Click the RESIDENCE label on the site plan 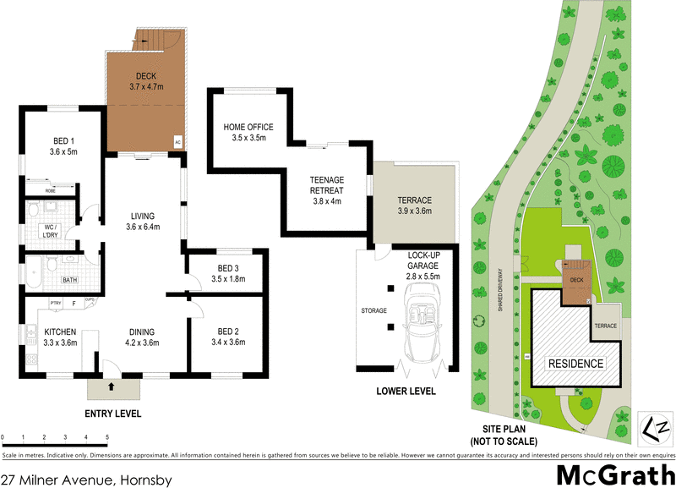(x=578, y=364)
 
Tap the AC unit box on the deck (x=177, y=142)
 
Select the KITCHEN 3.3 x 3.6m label (x=61, y=337)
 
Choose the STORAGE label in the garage (x=373, y=310)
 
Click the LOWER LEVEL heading (x=406, y=392)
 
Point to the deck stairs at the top (x=157, y=39)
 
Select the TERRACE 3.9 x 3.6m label (x=415, y=205)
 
